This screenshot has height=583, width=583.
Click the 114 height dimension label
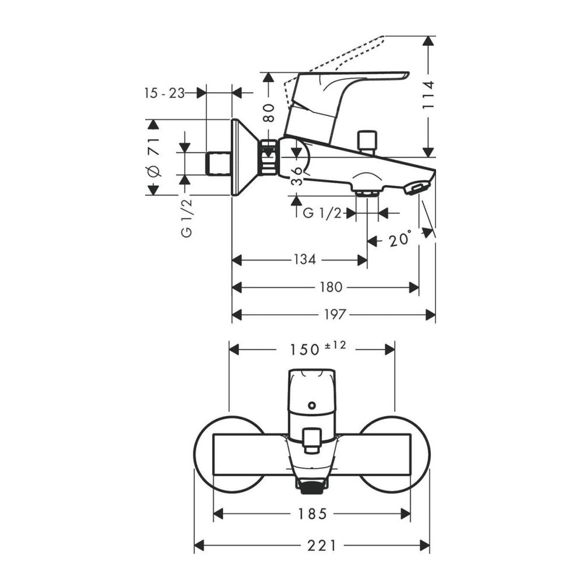(x=429, y=95)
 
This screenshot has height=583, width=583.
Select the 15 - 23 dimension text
(x=164, y=93)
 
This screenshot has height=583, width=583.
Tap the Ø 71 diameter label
(x=153, y=157)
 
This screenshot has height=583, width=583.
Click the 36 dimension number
(x=297, y=176)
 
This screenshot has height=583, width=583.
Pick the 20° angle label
(x=400, y=238)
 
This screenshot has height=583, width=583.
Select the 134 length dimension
(x=304, y=259)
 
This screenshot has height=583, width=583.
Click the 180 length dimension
(x=331, y=287)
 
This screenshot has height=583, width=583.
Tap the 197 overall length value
(x=335, y=315)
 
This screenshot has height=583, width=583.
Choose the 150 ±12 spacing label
(x=318, y=349)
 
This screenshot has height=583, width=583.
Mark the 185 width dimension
(x=312, y=514)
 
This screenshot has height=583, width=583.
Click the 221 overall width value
(x=321, y=546)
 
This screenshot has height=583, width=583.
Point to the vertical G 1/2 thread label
(x=187, y=218)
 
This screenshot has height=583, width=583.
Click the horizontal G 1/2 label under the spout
(x=322, y=213)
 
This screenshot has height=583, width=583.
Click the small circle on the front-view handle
(x=311, y=405)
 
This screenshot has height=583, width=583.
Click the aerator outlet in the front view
(x=311, y=486)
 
